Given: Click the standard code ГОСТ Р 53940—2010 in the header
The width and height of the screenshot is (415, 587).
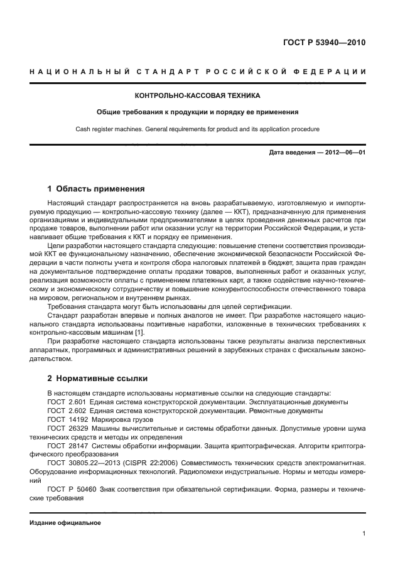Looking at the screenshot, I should pos(324,43).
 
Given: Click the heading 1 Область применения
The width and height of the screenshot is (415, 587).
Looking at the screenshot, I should pos(96,188).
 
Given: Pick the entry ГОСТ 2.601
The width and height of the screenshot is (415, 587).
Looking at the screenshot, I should pos(66,401).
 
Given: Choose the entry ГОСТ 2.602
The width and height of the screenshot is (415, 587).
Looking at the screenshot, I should pos(66,410).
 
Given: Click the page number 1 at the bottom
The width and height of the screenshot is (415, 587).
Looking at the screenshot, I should pos(364,534).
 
